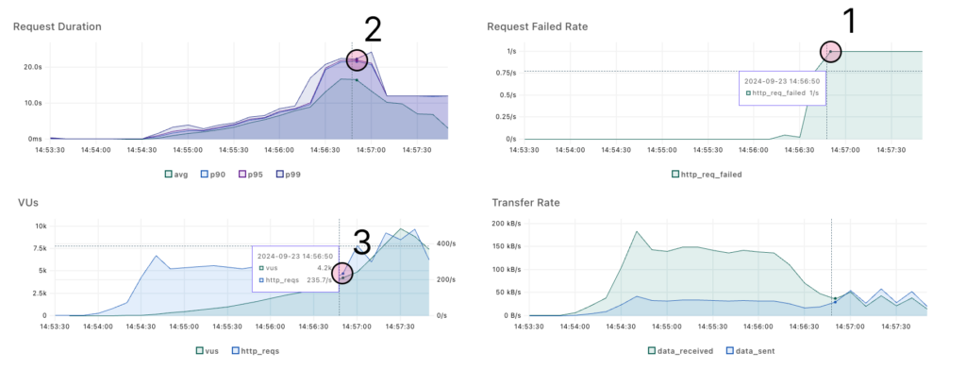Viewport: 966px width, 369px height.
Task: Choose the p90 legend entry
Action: pyautogui.click(x=219, y=174)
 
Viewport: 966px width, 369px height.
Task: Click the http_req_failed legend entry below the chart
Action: pyautogui.click(x=708, y=174)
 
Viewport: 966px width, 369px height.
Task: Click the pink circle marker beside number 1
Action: pyautogui.click(x=830, y=51)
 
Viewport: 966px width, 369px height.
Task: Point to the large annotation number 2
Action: pyautogui.click(x=373, y=30)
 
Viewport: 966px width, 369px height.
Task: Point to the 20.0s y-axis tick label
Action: pyautogui.click(x=31, y=67)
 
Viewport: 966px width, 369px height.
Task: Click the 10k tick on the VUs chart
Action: pyautogui.click(x=39, y=226)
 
